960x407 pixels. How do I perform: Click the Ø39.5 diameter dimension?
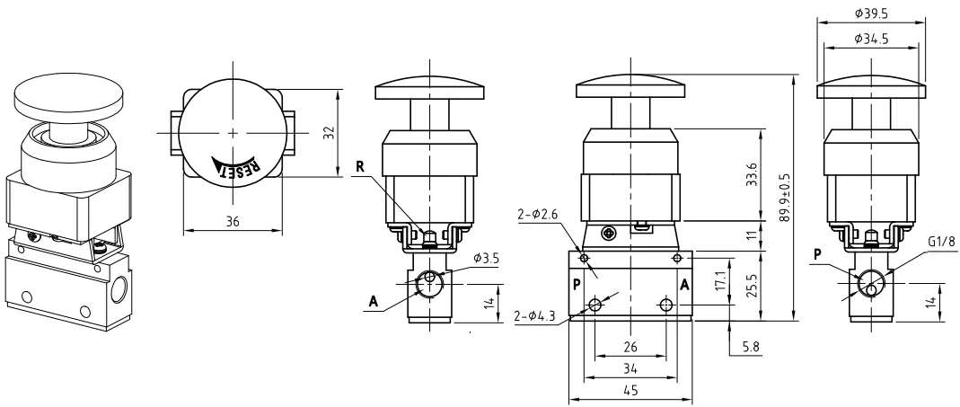pos(871,13)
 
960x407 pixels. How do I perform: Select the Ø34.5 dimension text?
pos(871,39)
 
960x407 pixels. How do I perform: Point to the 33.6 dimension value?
pos(753,174)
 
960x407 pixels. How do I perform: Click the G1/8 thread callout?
pos(941,242)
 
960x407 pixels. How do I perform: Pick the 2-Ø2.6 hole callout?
pos(537,214)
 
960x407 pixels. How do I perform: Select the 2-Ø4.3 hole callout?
pos(535,316)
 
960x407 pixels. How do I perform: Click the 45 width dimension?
pos(630,390)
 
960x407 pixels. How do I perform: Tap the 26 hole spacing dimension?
pos(630,347)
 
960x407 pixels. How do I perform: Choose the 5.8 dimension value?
pos(751,347)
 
